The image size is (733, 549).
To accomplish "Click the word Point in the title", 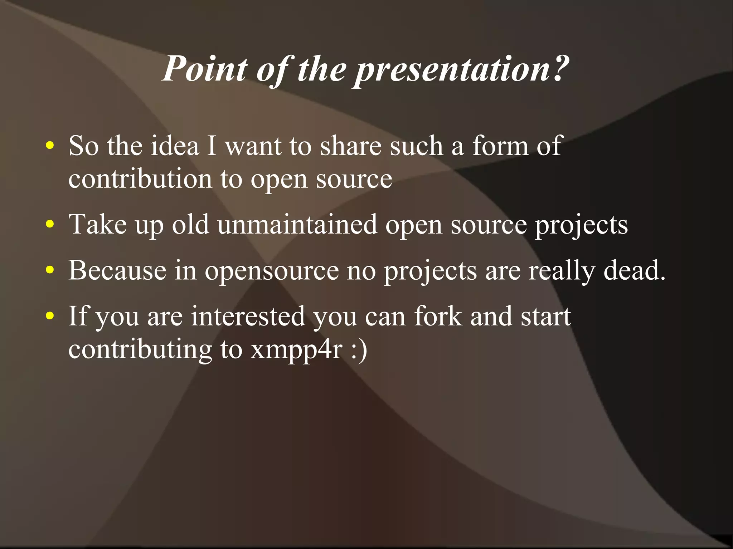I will (205, 69).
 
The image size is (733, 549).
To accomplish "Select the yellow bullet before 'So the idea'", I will (50, 146).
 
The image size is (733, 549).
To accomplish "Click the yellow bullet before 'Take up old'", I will (50, 225).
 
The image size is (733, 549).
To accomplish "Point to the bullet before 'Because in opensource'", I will (50, 270).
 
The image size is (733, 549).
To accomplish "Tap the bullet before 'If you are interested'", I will (50, 316).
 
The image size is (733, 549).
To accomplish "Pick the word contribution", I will (140, 179).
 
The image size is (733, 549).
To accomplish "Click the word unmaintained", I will (297, 225).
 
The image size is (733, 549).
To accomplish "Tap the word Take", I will (98, 225).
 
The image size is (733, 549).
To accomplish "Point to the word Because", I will (117, 270).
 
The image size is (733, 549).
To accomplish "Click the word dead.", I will (634, 270).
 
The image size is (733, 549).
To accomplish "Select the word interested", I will (247, 316).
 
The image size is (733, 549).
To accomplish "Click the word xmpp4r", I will (297, 350).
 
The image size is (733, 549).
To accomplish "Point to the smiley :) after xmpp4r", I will (359, 350).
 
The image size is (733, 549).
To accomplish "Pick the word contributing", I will (140, 350).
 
